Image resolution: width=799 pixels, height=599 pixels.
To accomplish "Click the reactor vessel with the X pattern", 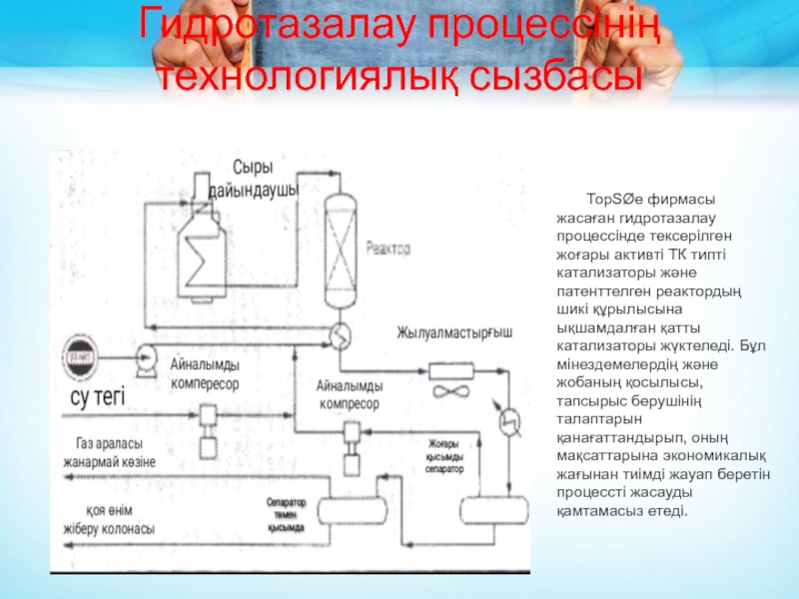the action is [x=342, y=241].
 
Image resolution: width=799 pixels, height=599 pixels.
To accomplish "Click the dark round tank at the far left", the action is [x=76, y=355].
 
